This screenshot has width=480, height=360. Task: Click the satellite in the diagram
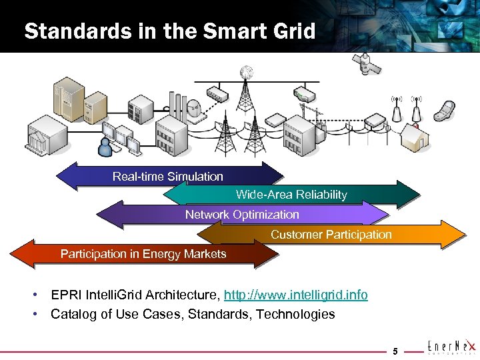click(x=366, y=65)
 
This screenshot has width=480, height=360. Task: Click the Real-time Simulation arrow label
click(x=168, y=177)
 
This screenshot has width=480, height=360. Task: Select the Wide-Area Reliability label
click(x=291, y=195)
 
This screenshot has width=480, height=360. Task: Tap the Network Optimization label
click(x=242, y=215)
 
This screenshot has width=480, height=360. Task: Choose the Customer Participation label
click(x=331, y=235)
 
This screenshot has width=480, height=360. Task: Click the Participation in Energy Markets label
click(x=143, y=254)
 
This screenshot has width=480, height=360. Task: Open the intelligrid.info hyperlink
click(x=295, y=295)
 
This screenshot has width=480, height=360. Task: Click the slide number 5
click(x=395, y=351)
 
